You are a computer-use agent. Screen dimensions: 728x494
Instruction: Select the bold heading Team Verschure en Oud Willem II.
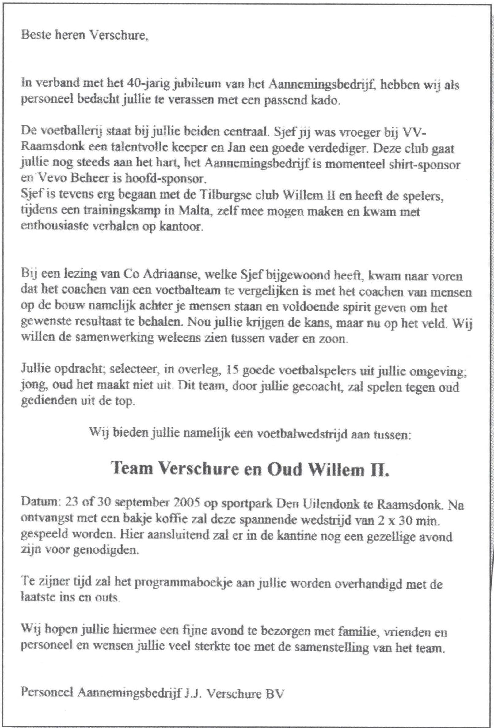(x=250, y=468)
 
